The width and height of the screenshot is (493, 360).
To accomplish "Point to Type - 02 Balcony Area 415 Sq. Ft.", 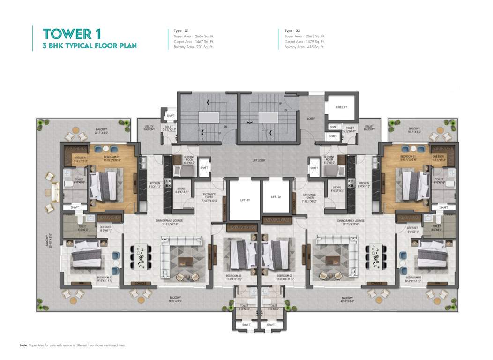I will click(x=304, y=47).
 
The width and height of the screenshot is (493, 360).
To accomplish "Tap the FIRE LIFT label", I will click(x=342, y=107).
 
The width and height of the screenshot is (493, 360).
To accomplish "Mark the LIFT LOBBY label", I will click(x=258, y=160).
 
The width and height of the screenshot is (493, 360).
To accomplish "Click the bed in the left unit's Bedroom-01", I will click(x=106, y=185).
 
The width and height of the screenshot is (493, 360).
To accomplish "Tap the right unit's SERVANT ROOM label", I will click(x=329, y=160).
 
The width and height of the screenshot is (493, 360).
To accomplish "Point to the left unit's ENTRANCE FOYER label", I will click(x=209, y=196).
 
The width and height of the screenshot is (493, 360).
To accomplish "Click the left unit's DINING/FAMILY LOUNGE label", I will click(x=169, y=221).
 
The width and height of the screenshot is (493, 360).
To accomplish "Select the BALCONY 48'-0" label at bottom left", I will click(x=176, y=300).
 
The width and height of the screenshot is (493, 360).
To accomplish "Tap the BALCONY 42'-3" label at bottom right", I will click(x=347, y=300).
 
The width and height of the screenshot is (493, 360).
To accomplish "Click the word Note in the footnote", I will click(x=23, y=345).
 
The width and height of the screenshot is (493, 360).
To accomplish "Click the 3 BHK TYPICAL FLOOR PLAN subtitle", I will click(x=90, y=46).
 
